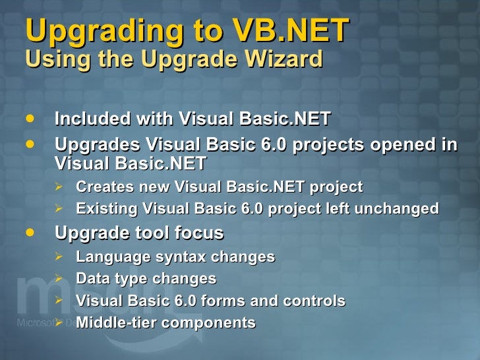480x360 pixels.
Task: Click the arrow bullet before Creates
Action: [x=59, y=187]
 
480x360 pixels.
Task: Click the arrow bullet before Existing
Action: [x=59, y=209]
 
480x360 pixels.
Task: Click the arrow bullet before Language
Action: [x=59, y=256]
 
